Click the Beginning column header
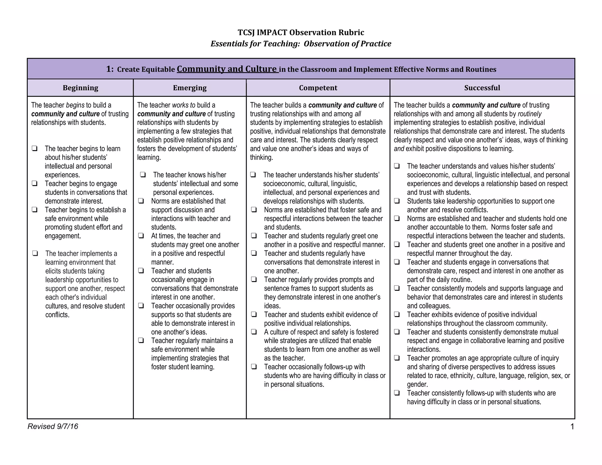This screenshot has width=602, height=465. click(80, 88)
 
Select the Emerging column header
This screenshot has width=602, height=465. click(190, 88)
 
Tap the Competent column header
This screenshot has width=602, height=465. click(318, 88)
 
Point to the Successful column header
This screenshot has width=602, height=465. click(482, 88)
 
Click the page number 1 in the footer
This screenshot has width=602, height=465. click(572, 426)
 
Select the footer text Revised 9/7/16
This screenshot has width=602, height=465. click(53, 426)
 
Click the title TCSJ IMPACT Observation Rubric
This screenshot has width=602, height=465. click(301, 32)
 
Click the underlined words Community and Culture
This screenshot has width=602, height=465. click(227, 69)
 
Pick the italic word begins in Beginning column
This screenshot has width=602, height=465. click(75, 105)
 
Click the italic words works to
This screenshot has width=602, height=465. click(183, 105)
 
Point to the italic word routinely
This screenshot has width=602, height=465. click(529, 114)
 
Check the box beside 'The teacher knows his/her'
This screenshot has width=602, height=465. click(143, 175)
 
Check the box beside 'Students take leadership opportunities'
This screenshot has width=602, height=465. click(397, 201)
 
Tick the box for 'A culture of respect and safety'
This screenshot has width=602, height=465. click(254, 332)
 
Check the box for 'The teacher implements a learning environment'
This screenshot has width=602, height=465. click(35, 253)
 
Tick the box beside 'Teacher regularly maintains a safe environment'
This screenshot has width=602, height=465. click(141, 341)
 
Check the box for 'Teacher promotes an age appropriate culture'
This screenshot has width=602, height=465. click(397, 358)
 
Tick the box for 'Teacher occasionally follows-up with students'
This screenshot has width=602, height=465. click(254, 367)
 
